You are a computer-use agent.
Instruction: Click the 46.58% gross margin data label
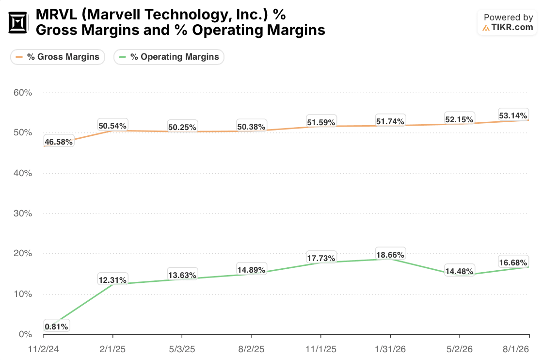coord(59,142)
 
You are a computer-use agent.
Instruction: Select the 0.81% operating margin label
coord(56,327)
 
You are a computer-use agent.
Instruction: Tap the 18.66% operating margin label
coord(390,255)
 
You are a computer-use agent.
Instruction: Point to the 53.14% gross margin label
coord(513,115)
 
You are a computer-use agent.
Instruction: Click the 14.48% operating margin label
coord(459,271)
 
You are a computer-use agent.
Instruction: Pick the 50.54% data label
coord(112,126)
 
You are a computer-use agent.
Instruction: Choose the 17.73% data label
coord(321,258)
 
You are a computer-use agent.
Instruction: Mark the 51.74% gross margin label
coord(390,121)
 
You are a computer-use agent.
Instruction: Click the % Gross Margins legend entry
coord(58,57)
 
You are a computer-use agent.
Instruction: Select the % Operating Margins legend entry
coord(169,57)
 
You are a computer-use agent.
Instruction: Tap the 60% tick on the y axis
coord(23,93)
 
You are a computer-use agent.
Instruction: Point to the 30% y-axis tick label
coord(23,213)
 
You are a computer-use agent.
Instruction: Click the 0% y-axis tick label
coord(25,334)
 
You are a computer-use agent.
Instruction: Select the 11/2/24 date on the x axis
coord(43,349)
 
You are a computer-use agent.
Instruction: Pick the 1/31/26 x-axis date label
coord(390,349)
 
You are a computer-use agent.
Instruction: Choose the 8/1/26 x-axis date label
coord(516,349)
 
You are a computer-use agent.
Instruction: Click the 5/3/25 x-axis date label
coord(182,349)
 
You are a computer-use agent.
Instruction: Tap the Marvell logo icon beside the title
coord(17,23)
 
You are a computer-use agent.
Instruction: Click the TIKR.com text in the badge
coord(512,27)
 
